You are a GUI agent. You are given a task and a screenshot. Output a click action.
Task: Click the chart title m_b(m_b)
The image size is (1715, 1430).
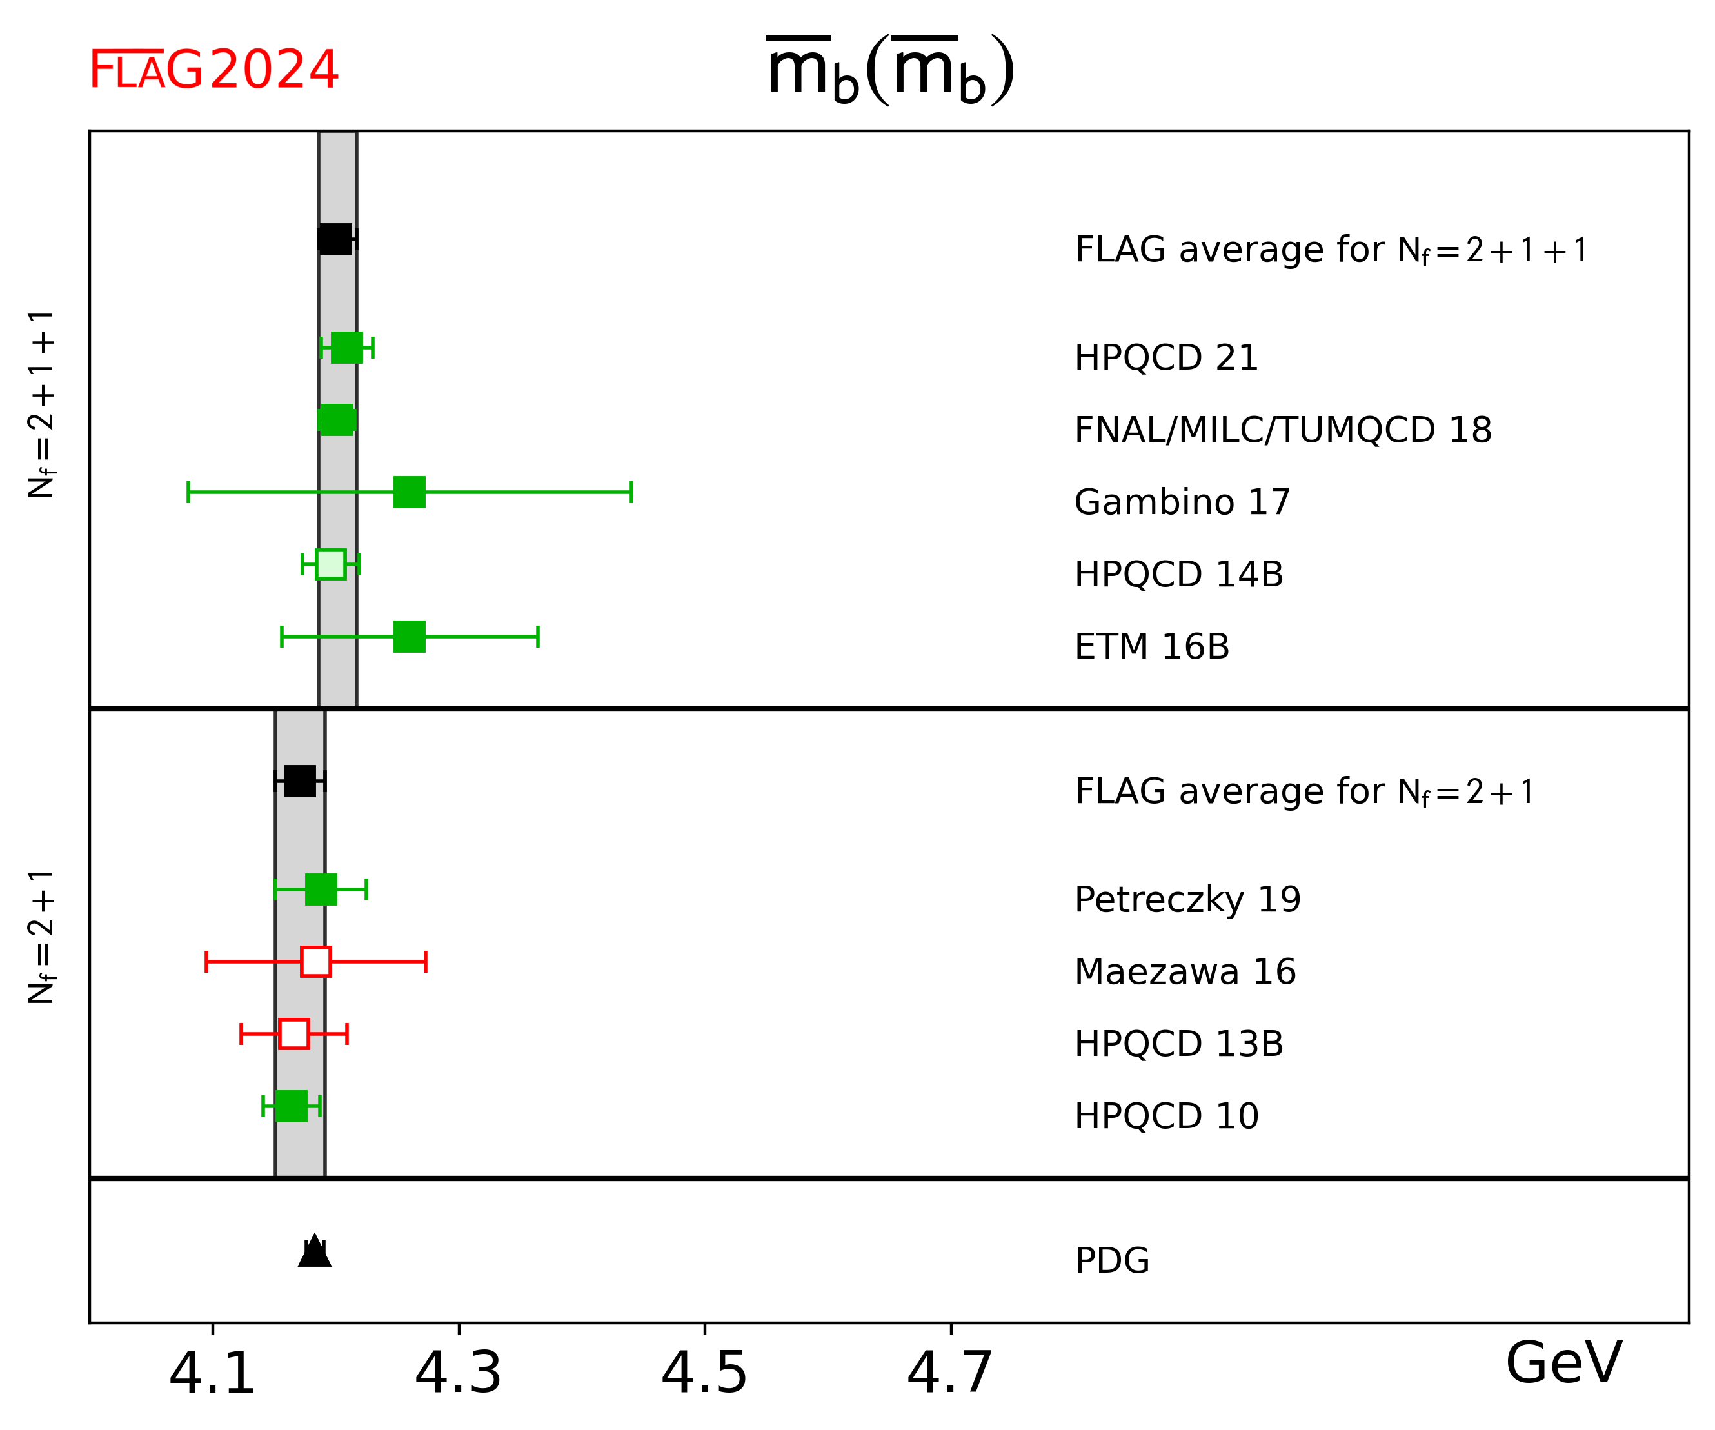click(890, 70)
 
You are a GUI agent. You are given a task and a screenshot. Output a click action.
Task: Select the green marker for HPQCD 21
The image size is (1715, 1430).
click(347, 347)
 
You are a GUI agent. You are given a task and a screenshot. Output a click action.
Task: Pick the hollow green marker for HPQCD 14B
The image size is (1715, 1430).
click(331, 564)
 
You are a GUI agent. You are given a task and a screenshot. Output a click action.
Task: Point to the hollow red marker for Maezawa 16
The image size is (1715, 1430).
click(316, 962)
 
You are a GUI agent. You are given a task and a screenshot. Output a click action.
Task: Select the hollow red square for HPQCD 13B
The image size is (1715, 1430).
click(294, 1034)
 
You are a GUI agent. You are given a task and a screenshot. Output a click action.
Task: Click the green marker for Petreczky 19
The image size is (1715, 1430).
click(321, 889)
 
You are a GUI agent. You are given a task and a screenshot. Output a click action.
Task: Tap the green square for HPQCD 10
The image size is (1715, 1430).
click(292, 1107)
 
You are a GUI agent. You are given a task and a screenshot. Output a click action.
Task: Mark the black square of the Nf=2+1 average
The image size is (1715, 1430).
click(300, 782)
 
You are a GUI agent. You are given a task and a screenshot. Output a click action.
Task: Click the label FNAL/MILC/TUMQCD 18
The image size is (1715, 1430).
click(1283, 430)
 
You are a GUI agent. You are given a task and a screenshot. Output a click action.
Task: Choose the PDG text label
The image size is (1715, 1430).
click(1113, 1261)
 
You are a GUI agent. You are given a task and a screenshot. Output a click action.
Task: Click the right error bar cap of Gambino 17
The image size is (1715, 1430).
click(631, 492)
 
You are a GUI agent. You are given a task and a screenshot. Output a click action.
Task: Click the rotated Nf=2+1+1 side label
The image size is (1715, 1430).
click(41, 404)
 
